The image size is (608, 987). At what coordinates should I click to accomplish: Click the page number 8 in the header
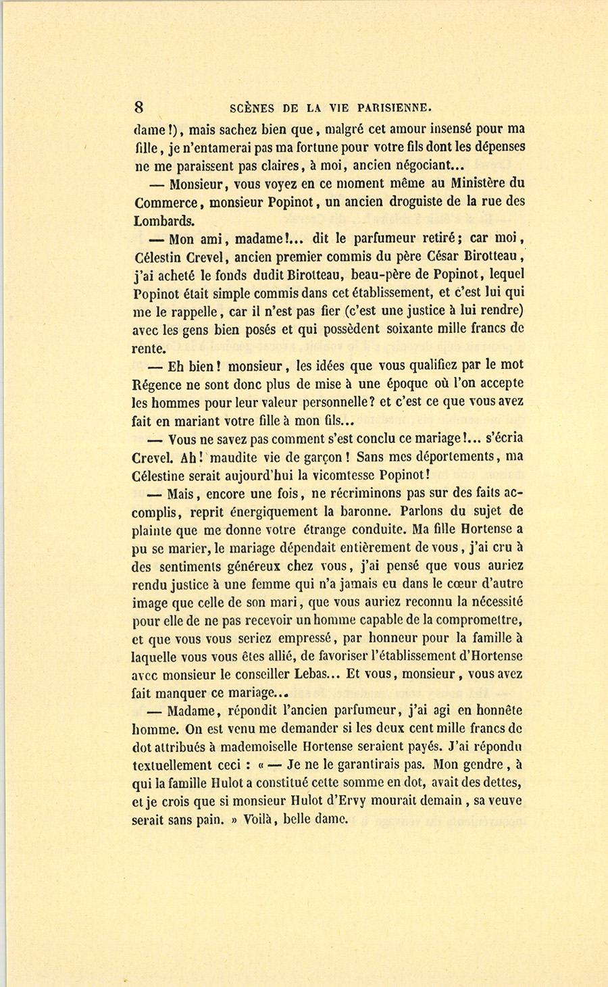139,107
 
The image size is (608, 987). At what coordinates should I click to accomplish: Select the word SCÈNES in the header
251,107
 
